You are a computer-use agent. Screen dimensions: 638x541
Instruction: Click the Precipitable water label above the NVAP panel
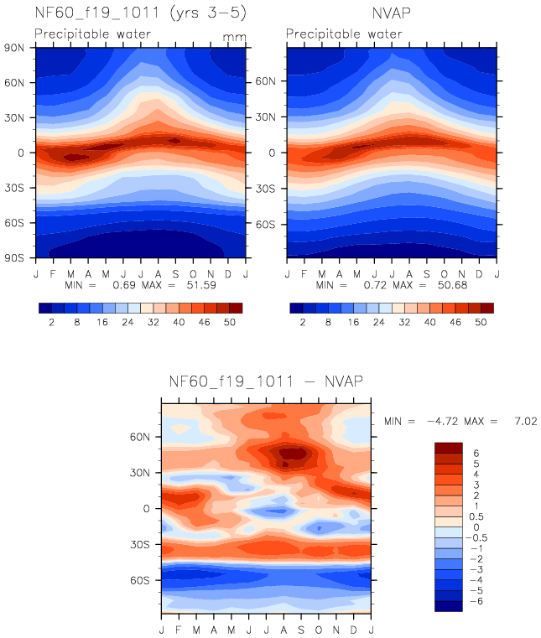(344, 34)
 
